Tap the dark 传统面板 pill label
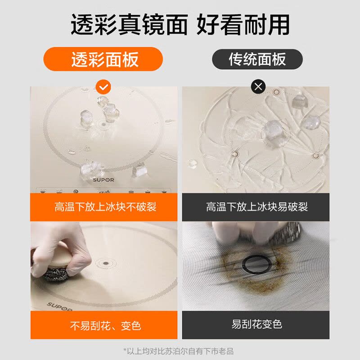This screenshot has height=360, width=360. pyautogui.click(x=257, y=59)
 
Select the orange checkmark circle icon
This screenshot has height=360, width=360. pyautogui.click(x=104, y=86)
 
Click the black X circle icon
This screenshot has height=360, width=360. pyautogui.click(x=258, y=86)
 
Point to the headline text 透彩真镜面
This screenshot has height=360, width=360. pyautogui.click(x=128, y=24)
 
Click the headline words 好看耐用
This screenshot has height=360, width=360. pyautogui.click(x=243, y=24)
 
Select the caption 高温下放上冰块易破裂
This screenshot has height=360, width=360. pyautogui.click(x=257, y=207)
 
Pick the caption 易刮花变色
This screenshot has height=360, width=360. pyautogui.click(x=257, y=324)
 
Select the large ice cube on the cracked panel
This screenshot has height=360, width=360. pyautogui.click(x=273, y=132)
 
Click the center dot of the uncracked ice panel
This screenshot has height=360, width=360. pyautogui.click(x=104, y=124)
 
